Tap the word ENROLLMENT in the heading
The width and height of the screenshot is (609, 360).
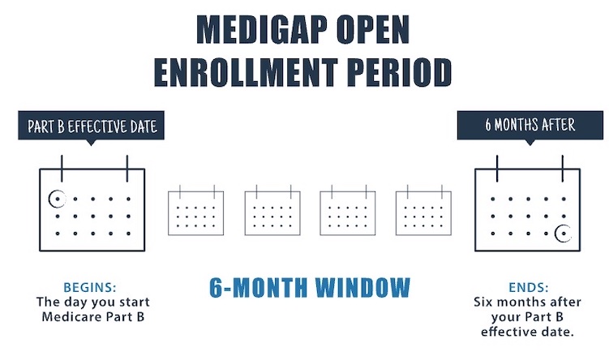tap(246, 73)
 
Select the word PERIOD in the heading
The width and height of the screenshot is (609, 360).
tap(397, 73)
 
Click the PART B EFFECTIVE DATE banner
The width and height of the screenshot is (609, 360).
tap(92, 126)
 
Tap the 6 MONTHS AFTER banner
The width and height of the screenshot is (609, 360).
tap(530, 125)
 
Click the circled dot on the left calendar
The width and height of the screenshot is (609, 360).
tap(57, 199)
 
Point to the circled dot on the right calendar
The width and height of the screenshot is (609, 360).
tap(564, 234)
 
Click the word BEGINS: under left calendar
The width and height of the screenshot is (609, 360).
tap(90, 287)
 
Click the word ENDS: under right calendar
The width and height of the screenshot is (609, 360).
tap(529, 287)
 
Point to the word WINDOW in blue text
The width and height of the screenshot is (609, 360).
tap(362, 287)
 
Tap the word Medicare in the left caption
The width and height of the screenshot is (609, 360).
tap(67, 317)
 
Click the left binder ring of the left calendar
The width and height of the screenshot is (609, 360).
tap(62, 169)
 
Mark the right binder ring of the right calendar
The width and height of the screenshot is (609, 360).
tap(563, 169)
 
